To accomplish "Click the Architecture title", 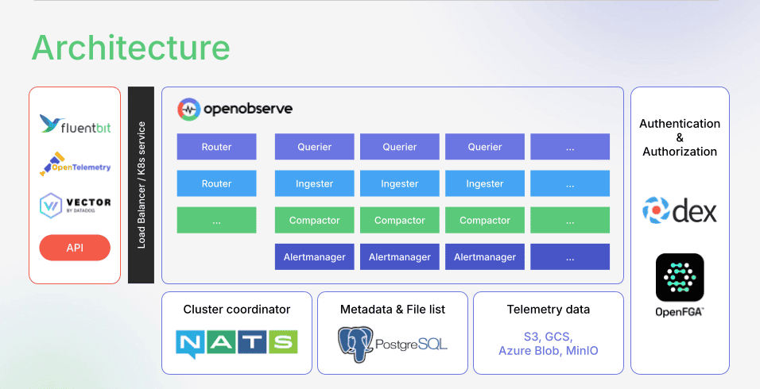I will pyautogui.click(x=130, y=48).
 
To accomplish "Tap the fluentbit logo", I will pyautogui.click(x=75, y=125).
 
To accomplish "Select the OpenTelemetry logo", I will pyautogui.click(x=75, y=165).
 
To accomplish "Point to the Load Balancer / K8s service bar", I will pyautogui.click(x=141, y=185).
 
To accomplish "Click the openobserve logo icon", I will pyautogui.click(x=188, y=109).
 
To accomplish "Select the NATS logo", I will pyautogui.click(x=236, y=342).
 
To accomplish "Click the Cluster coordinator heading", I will pyautogui.click(x=236, y=310).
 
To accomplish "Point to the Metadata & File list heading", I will pyautogui.click(x=392, y=310).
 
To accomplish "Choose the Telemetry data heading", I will pyautogui.click(x=548, y=310).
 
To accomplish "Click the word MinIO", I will pyautogui.click(x=582, y=350).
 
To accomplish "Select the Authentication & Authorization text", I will pyautogui.click(x=680, y=137).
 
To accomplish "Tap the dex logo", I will pyautogui.click(x=680, y=210).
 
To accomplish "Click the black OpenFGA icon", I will pyautogui.click(x=680, y=278).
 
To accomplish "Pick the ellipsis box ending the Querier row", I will pyautogui.click(x=570, y=147).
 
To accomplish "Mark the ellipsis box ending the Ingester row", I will pyautogui.click(x=570, y=183).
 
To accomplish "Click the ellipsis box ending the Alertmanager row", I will pyautogui.click(x=570, y=256).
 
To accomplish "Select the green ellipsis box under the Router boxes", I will pyautogui.click(x=216, y=220).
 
